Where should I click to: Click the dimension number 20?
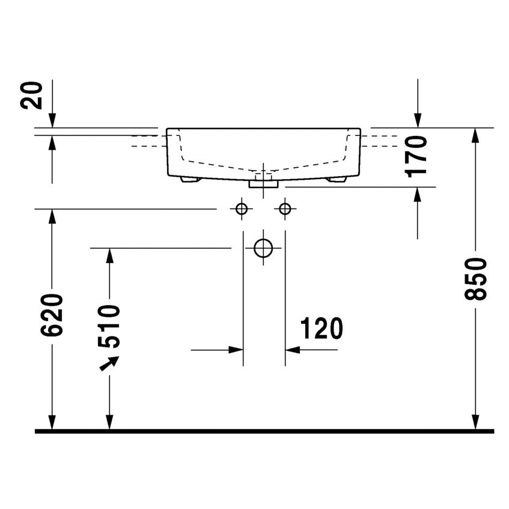[x=31, y=95]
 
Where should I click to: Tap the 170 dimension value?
[x=416, y=157]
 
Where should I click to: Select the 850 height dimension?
[x=475, y=279]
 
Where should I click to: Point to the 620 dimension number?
[x=52, y=315]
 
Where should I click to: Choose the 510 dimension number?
[x=109, y=326]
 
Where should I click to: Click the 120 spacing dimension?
[x=322, y=329]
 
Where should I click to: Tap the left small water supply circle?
[x=242, y=209]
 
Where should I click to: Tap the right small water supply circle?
[x=285, y=209]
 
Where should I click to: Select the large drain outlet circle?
[x=263, y=248]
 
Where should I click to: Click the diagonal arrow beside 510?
[x=109, y=363]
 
